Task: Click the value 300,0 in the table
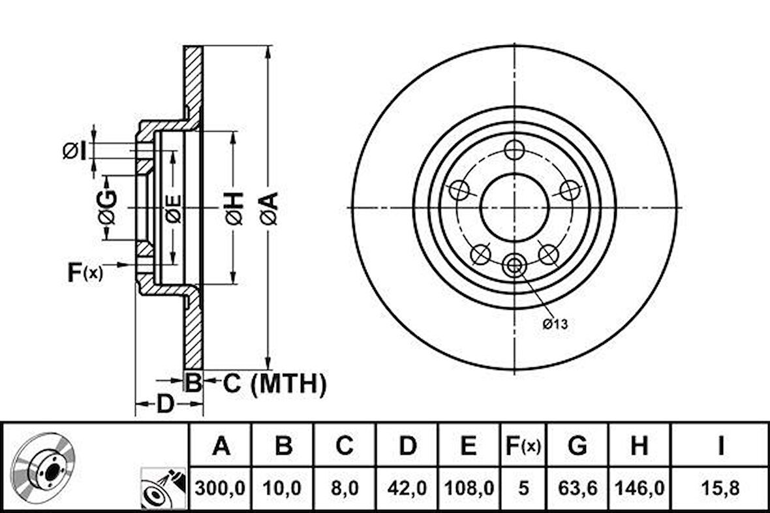(219, 488)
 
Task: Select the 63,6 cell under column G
(577, 488)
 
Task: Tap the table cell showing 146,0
(639, 488)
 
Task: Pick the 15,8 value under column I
(720, 488)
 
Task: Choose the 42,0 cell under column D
(407, 488)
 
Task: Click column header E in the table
(469, 446)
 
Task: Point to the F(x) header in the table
(523, 446)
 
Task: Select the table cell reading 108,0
(469, 488)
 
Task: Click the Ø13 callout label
(555, 324)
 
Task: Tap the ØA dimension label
(269, 208)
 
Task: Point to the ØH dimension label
(234, 208)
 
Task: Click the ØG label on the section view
(108, 207)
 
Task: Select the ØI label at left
(74, 150)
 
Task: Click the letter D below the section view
(166, 404)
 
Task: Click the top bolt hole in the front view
(514, 150)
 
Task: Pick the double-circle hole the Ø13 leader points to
(514, 266)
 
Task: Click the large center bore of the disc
(514, 208)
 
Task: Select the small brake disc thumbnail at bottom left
(42, 465)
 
